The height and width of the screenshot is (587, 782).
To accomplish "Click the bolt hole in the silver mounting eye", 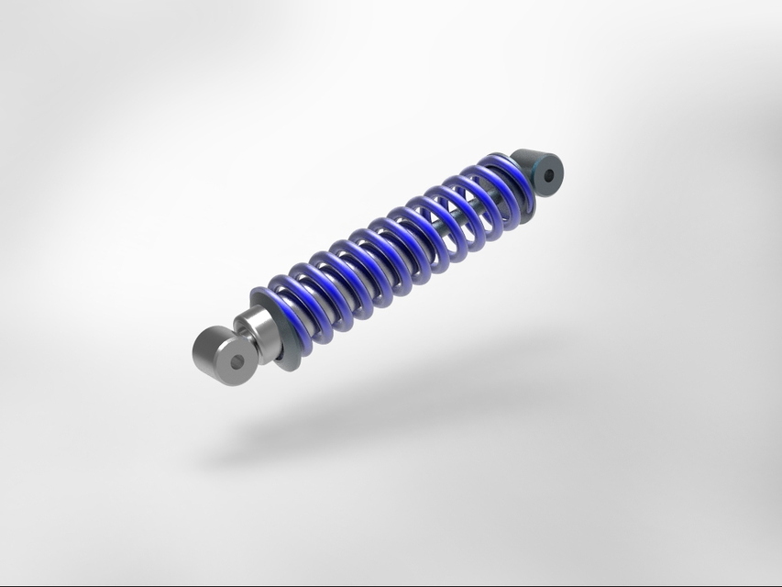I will (238, 361).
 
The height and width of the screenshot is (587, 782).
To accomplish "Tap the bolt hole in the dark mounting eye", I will (550, 174).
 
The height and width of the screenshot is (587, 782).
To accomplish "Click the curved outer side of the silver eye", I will (206, 349).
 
